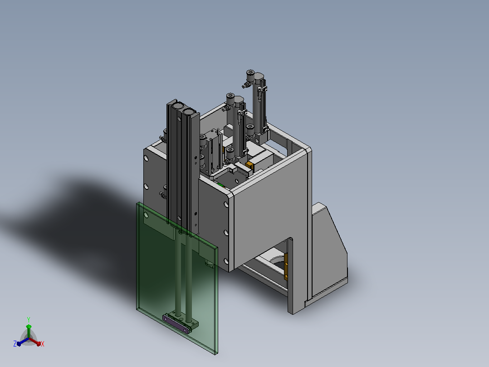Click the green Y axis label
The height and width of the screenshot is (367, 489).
tap(29, 319)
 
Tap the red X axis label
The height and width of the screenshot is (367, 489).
tap(43, 344)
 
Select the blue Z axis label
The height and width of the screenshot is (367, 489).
tap(15, 343)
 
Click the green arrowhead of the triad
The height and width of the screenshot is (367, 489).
tap(29, 327)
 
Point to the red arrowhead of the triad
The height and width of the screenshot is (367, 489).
tap(39, 343)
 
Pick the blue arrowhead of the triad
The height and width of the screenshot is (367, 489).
tap(19, 343)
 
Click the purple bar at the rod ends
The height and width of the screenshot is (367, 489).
tap(176, 324)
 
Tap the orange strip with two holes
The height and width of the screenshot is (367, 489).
tap(286, 267)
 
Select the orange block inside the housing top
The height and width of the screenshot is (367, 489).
tap(249, 165)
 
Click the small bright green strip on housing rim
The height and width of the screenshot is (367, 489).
tap(221, 184)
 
